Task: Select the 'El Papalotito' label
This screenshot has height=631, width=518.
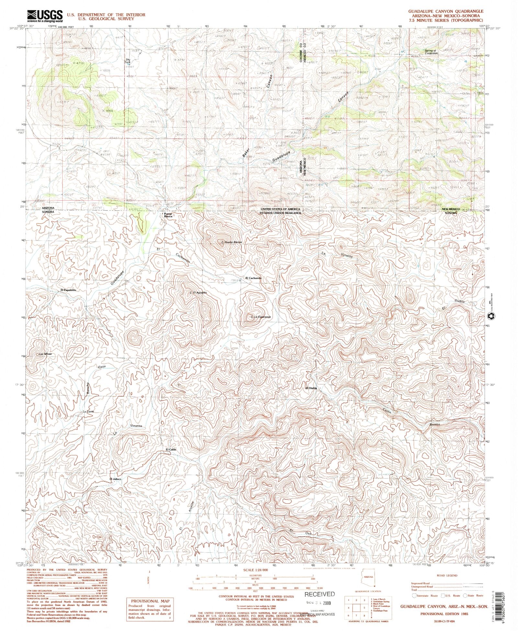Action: pos(68,290)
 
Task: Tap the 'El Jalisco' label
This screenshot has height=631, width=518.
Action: pos(115,479)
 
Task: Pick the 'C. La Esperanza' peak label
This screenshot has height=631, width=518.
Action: pos(261,317)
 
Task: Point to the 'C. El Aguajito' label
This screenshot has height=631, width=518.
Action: pos(198,293)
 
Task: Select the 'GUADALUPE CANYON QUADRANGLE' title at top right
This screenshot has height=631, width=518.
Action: pos(448,11)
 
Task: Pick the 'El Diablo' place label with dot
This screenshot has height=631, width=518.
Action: pos(310,388)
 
